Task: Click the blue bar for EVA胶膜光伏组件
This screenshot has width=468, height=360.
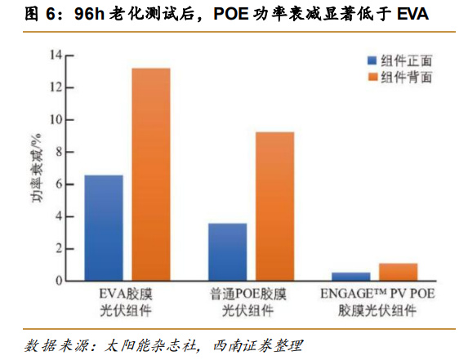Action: [105, 229]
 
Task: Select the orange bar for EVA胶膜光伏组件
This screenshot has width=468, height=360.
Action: [151, 175]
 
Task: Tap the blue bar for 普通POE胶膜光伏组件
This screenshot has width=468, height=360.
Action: [228, 252]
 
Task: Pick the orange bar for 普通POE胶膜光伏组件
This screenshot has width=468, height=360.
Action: [274, 207]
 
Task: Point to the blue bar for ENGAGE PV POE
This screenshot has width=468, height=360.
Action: [350, 277]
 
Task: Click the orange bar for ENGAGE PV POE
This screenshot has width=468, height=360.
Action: [397, 273]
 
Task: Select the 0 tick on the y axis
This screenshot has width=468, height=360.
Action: [57, 281]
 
